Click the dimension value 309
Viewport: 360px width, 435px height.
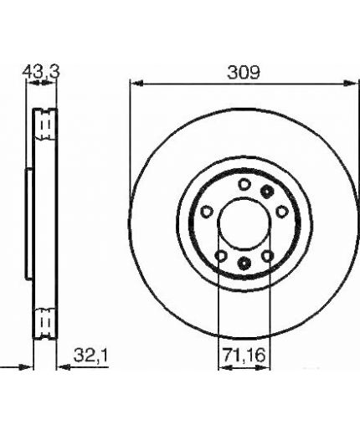pyautogui.click(x=244, y=73)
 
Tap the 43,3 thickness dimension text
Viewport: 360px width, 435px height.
pyautogui.click(x=41, y=72)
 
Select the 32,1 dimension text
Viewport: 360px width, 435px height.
pyautogui.click(x=90, y=356)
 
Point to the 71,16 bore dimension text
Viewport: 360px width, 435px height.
pyautogui.click(x=244, y=356)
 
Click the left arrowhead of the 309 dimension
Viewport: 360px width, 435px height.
pyautogui.click(x=136, y=83)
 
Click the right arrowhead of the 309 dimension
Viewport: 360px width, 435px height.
pyautogui.click(x=350, y=83)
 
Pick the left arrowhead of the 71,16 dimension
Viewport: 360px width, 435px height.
pyautogui.click(x=225, y=368)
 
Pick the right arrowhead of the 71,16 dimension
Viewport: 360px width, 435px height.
pyautogui.click(x=264, y=368)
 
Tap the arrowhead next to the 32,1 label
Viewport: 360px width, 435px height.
pyautogui.click(x=63, y=367)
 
